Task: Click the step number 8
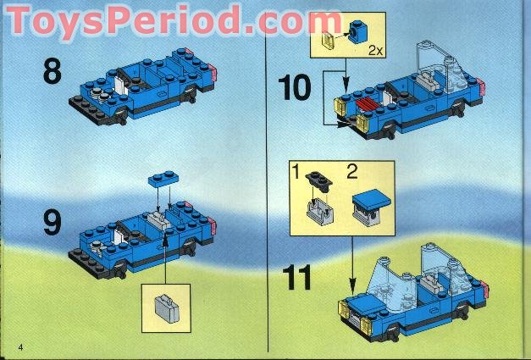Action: pyautogui.click(x=53, y=71)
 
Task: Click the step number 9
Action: pyautogui.click(x=53, y=222)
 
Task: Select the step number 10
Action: pyautogui.click(x=296, y=87)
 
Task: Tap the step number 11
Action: pyautogui.click(x=296, y=278)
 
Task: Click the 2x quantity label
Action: pyautogui.click(x=376, y=50)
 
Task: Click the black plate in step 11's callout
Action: pyautogui.click(x=318, y=179)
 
